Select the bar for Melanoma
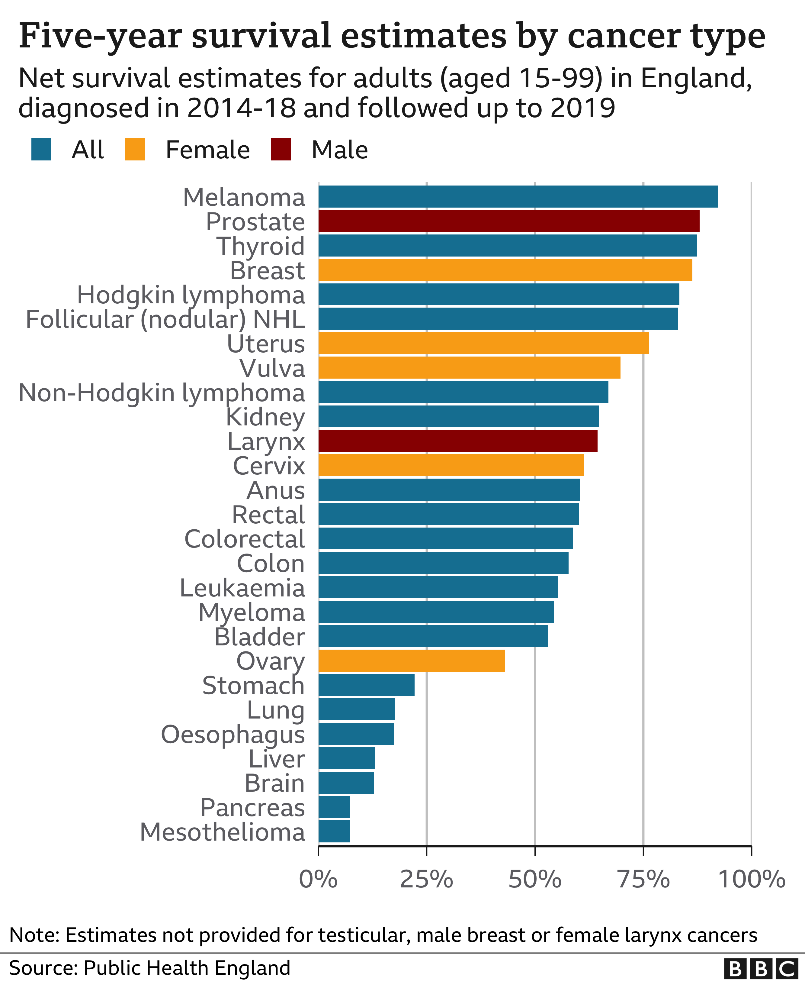518,196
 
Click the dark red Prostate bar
509,221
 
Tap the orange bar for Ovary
411,661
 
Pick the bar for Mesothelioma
334,831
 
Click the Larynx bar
458,441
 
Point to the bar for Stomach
366,685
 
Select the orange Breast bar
505,270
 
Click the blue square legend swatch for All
41,150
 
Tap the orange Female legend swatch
135,150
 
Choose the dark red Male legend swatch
281,150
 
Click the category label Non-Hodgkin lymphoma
161,392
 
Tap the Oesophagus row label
233,734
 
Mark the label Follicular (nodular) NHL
165,319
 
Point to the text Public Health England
187,967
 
